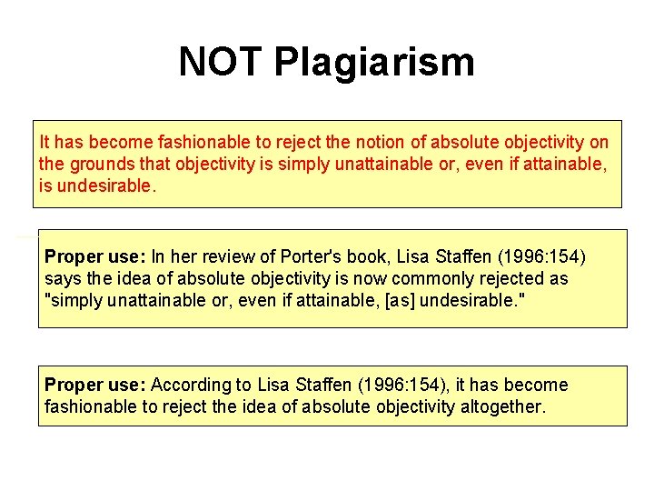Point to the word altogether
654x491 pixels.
(500, 406)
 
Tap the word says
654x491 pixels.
(62, 278)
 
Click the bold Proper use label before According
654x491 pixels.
(95, 385)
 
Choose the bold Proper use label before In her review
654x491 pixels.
(95, 256)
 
